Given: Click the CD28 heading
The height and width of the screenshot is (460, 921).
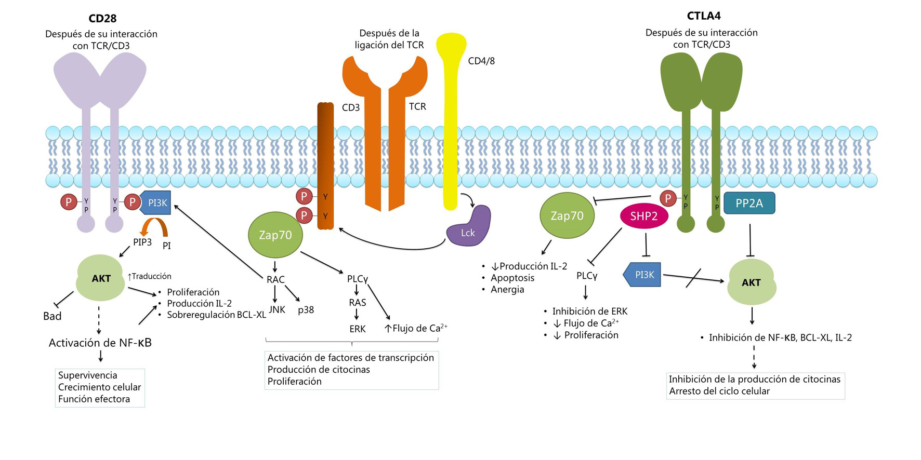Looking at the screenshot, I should pyautogui.click(x=102, y=19).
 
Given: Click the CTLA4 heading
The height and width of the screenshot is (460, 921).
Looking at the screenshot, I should pyautogui.click(x=704, y=16).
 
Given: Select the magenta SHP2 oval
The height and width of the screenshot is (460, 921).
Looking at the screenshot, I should pyautogui.click(x=644, y=217).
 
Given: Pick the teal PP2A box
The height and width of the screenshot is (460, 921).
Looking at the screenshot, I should pyautogui.click(x=749, y=204).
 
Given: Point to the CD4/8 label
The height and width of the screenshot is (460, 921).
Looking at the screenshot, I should pyautogui.click(x=481, y=61).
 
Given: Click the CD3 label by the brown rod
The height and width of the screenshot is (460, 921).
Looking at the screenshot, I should pyautogui.click(x=351, y=107).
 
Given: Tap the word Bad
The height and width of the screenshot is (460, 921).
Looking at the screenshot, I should pyautogui.click(x=52, y=316).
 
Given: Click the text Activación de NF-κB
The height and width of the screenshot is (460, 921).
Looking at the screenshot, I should pyautogui.click(x=100, y=343).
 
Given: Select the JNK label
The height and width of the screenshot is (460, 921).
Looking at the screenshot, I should pyautogui.click(x=277, y=310).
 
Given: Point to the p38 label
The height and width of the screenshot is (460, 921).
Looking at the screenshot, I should pyautogui.click(x=306, y=310).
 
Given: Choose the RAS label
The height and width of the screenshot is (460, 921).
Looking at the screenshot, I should pyautogui.click(x=358, y=303).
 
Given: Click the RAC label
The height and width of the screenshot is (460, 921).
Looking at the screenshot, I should pyautogui.click(x=275, y=279).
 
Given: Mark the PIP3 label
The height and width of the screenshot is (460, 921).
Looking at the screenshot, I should pyautogui.click(x=142, y=242).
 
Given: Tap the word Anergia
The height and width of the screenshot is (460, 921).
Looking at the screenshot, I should pyautogui.click(x=507, y=290).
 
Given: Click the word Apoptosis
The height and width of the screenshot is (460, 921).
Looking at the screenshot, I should pyautogui.click(x=512, y=278).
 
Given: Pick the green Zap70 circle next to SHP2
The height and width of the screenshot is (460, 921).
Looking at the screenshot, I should pyautogui.click(x=567, y=216).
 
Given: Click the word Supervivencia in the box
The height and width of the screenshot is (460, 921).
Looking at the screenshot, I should pyautogui.click(x=88, y=375).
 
